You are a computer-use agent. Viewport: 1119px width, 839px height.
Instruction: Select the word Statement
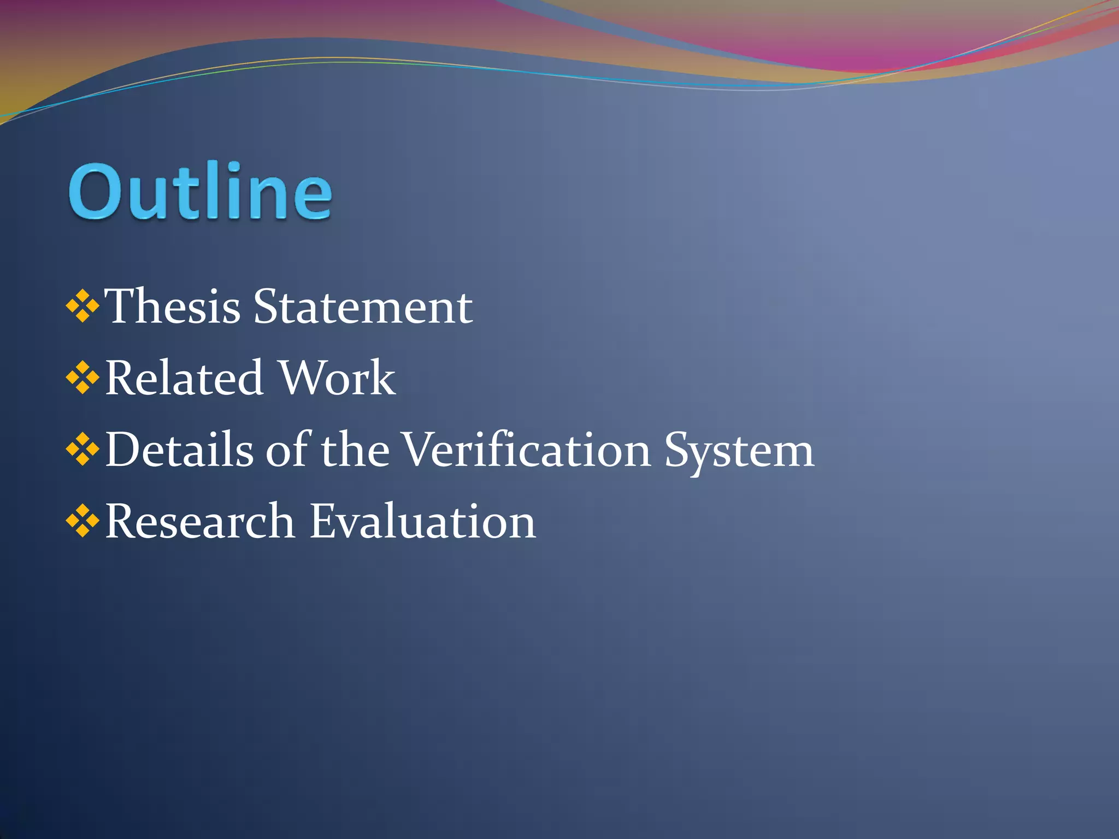coord(363,306)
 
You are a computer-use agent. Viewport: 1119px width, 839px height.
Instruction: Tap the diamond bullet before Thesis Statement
coord(83,306)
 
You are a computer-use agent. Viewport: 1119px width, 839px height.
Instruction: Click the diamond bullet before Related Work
coord(83,377)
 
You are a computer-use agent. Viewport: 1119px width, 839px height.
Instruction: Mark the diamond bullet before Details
coord(83,450)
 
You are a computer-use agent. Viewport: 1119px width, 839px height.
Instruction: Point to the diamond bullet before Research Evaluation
coord(83,521)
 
